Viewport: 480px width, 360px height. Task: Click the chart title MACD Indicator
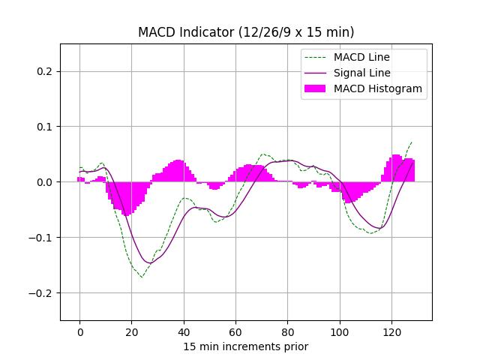(246, 32)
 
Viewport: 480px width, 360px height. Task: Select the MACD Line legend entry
(361, 57)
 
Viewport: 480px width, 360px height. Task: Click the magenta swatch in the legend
(315, 88)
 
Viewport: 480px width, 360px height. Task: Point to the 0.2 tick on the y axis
(46, 72)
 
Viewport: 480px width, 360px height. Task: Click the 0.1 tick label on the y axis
(46, 127)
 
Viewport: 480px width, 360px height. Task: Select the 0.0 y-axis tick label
(46, 182)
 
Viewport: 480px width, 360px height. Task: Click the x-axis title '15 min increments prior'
(246, 346)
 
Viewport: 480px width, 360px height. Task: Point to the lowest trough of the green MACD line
(141, 277)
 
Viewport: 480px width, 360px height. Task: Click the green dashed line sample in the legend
(315, 57)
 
